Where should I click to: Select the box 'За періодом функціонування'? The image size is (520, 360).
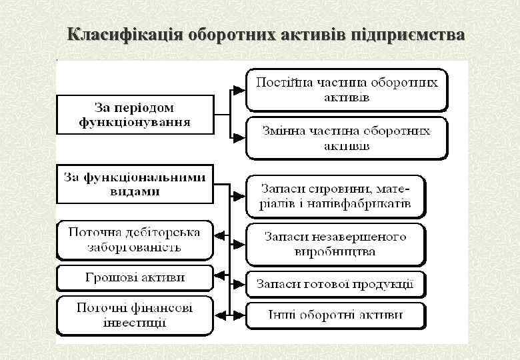pyautogui.click(x=135, y=114)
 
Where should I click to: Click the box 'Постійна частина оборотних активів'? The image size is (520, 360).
pyautogui.click(x=347, y=90)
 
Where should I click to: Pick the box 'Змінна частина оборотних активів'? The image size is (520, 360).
pyautogui.click(x=347, y=138)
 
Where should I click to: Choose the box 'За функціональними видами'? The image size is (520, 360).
pyautogui.click(x=135, y=183)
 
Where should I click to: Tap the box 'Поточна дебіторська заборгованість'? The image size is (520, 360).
pyautogui.click(x=135, y=239)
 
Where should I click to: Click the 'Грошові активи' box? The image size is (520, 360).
pyautogui.click(x=135, y=277)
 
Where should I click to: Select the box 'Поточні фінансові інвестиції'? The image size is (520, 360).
pyautogui.click(x=135, y=315)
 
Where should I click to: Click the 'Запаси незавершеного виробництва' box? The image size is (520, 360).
pyautogui.click(x=336, y=244)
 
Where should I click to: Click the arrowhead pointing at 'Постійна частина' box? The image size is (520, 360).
pyautogui.click(x=239, y=90)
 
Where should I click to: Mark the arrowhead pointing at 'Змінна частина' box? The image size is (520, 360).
pyautogui.click(x=239, y=138)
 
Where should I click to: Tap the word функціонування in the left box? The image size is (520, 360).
pyautogui.click(x=135, y=122)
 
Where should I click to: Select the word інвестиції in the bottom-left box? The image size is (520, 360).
pyautogui.click(x=135, y=323)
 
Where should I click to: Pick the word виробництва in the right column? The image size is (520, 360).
pyautogui.click(x=335, y=252)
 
